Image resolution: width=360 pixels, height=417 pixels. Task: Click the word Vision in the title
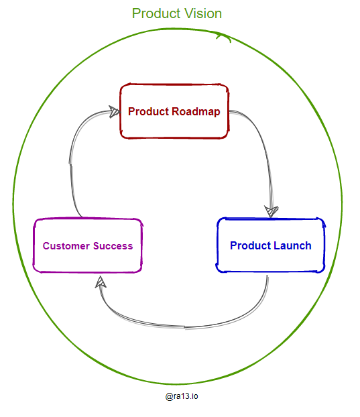click(201, 13)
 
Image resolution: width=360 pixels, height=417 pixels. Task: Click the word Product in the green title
click(155, 13)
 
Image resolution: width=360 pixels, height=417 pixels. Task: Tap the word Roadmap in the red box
click(196, 111)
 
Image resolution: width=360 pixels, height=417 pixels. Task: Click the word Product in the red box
click(148, 111)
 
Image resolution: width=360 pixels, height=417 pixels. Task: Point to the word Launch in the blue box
click(292, 245)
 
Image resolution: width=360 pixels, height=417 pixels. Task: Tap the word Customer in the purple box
click(66, 246)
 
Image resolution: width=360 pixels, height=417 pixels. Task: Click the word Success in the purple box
click(113, 246)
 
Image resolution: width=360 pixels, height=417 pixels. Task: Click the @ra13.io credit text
click(182, 396)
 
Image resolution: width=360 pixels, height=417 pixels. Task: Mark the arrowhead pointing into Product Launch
click(271, 211)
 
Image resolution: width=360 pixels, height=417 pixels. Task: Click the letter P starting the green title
click(136, 13)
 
